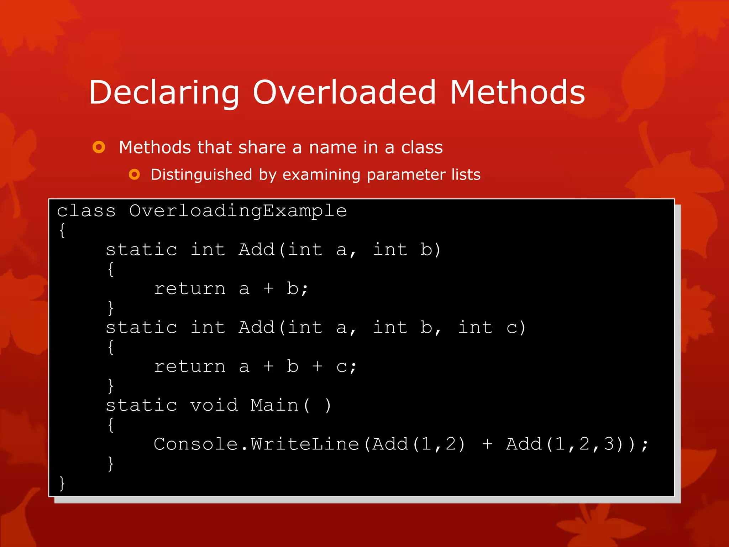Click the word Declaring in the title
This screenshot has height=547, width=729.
pyautogui.click(x=164, y=93)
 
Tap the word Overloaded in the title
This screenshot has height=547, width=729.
pyautogui.click(x=344, y=92)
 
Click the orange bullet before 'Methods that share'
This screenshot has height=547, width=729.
pyautogui.click(x=99, y=147)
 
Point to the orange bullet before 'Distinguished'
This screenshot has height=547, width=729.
pyautogui.click(x=134, y=174)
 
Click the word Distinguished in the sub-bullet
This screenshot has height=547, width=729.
pyautogui.click(x=201, y=175)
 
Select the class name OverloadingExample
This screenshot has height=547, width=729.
pyautogui.click(x=238, y=211)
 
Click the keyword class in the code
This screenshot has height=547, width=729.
pyautogui.click(x=86, y=211)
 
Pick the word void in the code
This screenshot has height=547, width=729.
pyautogui.click(x=214, y=405)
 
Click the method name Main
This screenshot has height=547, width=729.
pyautogui.click(x=274, y=405)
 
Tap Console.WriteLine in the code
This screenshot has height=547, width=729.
pyautogui.click(x=256, y=444)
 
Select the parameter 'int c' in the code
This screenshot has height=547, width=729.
pyautogui.click(x=491, y=328)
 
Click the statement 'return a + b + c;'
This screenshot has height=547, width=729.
pyautogui.click(x=255, y=366)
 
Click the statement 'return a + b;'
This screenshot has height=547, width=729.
pyautogui.click(x=231, y=288)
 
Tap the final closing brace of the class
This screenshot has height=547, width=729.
pyautogui.click(x=62, y=483)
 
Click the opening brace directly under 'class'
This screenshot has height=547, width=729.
pyautogui.click(x=62, y=230)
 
